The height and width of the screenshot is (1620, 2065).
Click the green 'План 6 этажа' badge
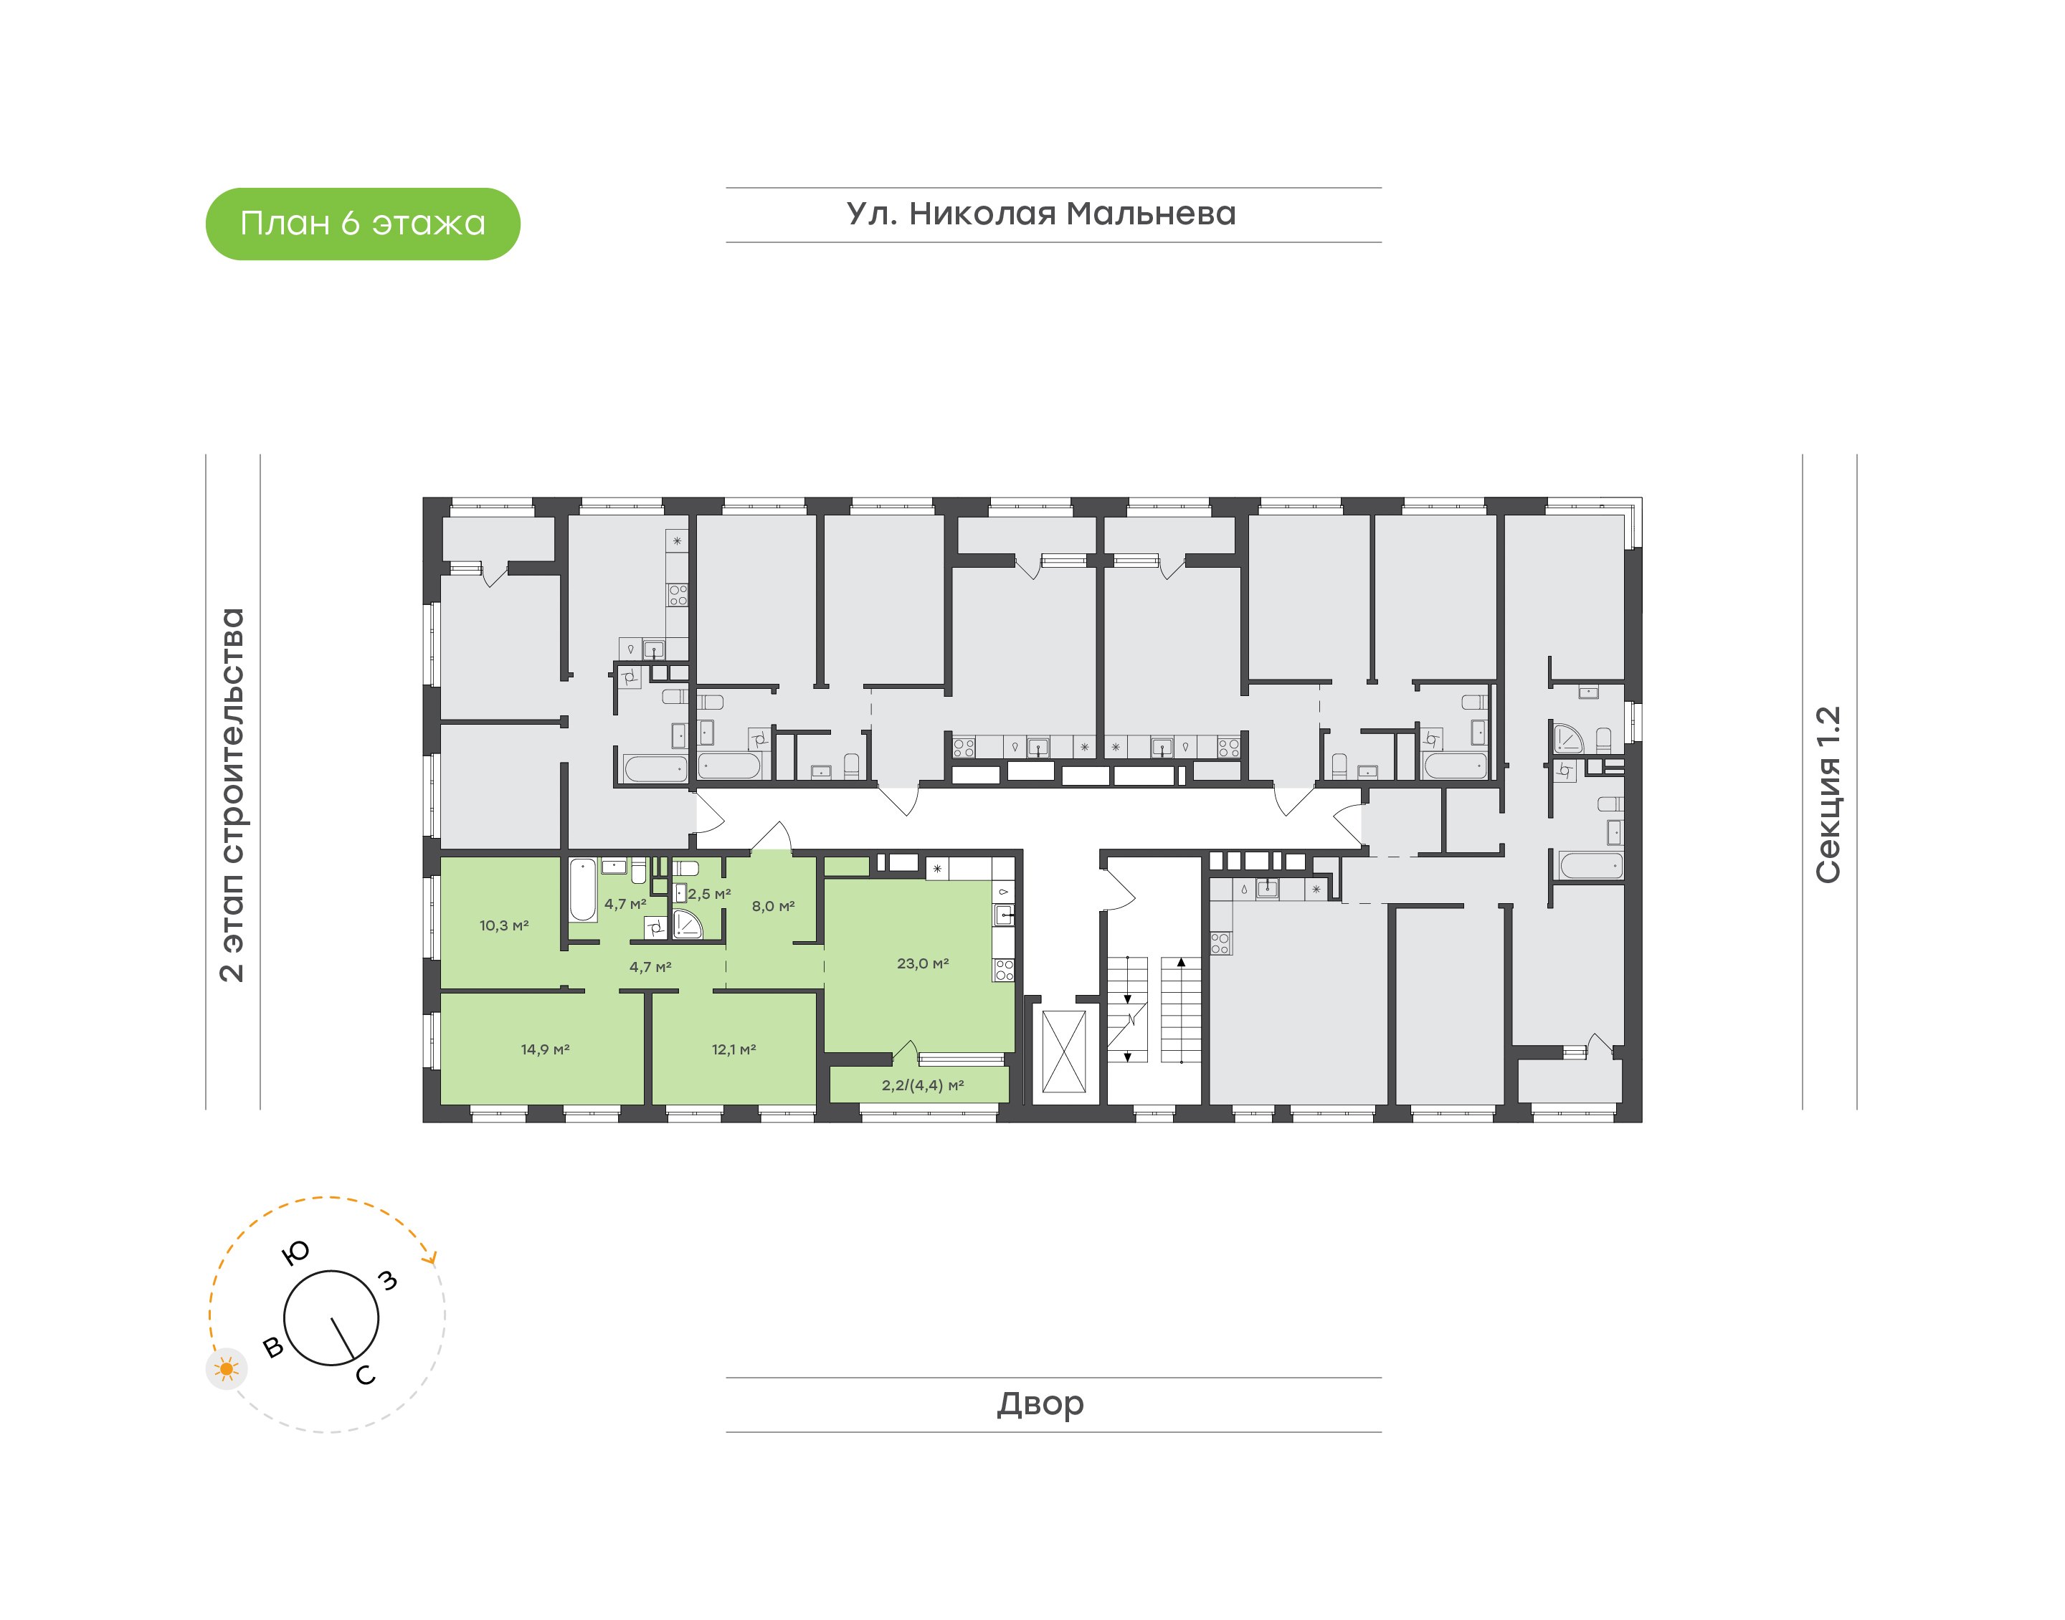tap(362, 224)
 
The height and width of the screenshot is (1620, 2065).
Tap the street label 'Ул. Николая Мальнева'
tap(1040, 214)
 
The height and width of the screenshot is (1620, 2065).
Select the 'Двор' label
tap(1040, 1404)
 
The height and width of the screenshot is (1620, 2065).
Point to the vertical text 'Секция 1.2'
tap(1827, 795)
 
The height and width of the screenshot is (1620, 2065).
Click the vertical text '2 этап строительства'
tap(232, 795)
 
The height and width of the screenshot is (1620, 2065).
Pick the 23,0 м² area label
tap(922, 963)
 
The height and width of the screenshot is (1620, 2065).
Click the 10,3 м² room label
tap(503, 925)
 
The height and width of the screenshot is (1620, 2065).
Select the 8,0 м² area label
tap(772, 907)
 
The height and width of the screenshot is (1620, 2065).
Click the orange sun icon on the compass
tap(227, 1368)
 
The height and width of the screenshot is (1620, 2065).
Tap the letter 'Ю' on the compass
tap(296, 1253)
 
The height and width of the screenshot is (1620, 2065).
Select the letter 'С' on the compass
tap(365, 1376)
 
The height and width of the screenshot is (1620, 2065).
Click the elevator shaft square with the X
tap(1063, 1052)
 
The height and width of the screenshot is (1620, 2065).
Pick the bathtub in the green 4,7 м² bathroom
tap(582, 890)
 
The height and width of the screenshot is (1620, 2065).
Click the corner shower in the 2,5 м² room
tap(687, 925)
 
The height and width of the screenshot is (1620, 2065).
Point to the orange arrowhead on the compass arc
tap(432, 1259)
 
